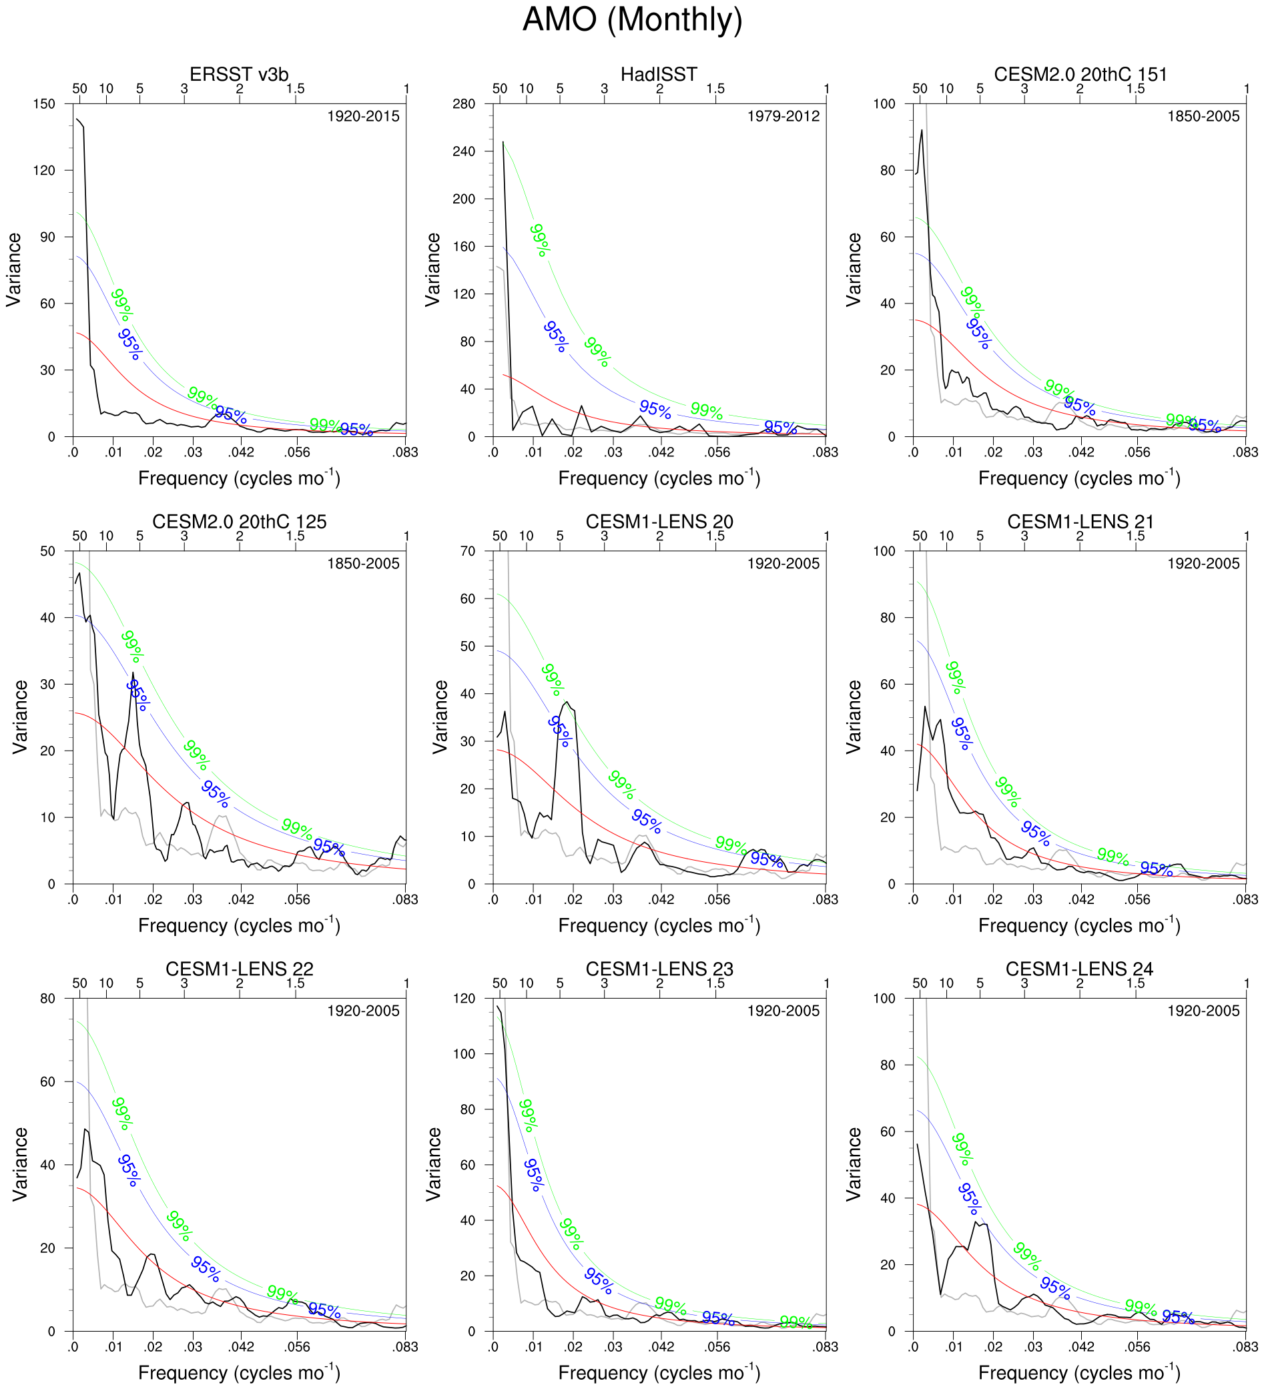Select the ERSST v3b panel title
coord(238,75)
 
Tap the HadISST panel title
coord(658,75)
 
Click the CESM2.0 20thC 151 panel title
coord(1080,75)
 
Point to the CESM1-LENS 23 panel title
coord(659,969)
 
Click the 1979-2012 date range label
coord(783,117)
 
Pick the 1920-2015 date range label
coord(363,117)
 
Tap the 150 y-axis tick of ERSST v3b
coord(44,104)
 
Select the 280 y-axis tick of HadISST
coord(464,104)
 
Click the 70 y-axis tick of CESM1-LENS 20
coord(468,551)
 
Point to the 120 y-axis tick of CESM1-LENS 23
coord(464,998)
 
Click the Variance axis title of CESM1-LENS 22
coord(20,1164)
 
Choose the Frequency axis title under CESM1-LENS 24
coord(1079,1372)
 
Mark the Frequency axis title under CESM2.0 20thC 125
coord(238,925)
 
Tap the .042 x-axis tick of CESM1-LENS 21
coord(1080,900)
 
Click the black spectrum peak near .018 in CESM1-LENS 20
coord(567,702)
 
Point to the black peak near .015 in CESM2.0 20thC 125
coord(133,673)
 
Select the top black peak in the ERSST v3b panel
coord(77,119)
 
